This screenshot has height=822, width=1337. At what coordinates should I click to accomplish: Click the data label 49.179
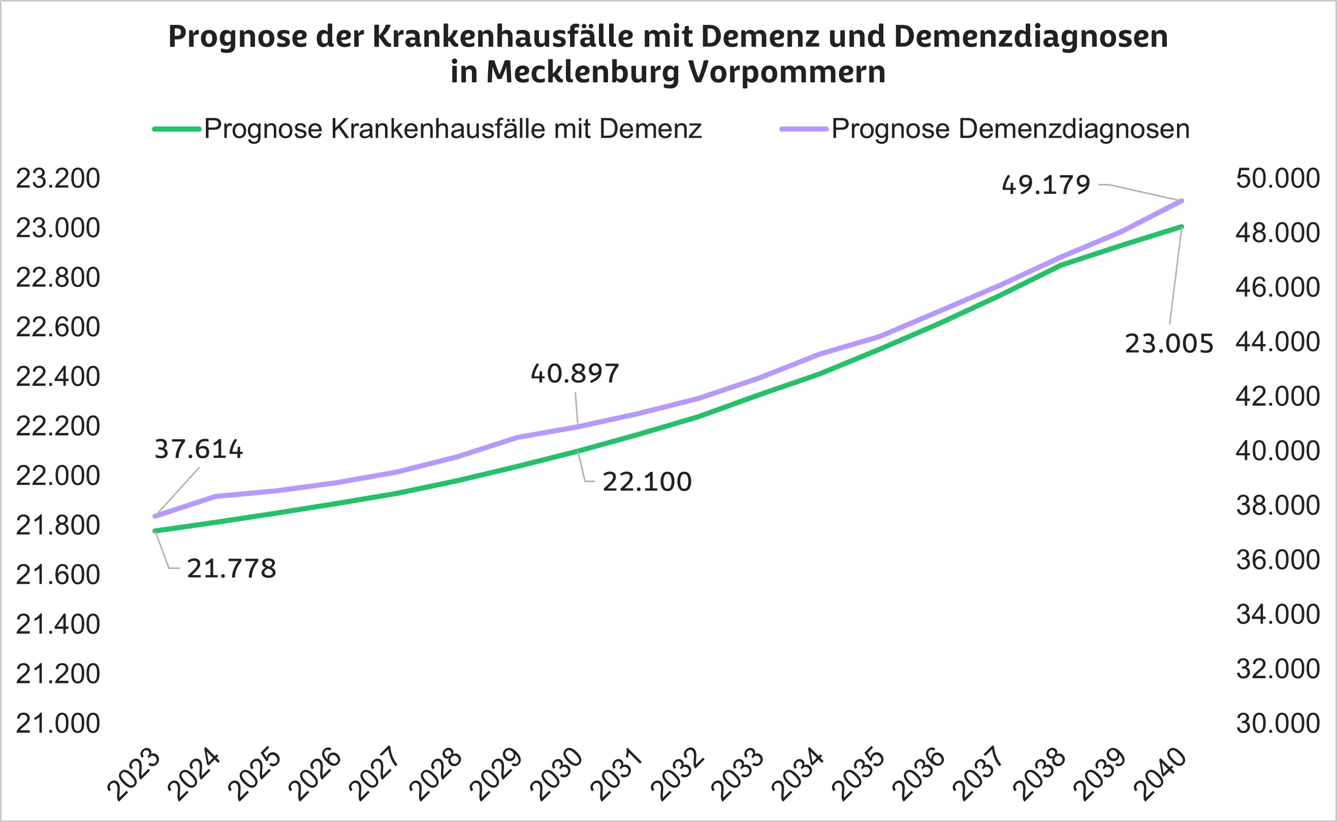tap(1046, 185)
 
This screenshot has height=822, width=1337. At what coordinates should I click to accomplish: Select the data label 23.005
tap(1168, 344)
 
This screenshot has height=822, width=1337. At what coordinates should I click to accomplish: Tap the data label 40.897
tap(575, 374)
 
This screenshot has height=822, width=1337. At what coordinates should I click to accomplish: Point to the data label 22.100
tap(647, 482)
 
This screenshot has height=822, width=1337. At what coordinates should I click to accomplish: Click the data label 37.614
tap(199, 450)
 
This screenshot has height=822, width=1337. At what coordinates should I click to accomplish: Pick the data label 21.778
tap(232, 569)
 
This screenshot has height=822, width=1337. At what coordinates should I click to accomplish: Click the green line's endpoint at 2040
tap(1182, 227)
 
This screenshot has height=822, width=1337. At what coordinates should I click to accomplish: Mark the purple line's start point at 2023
tap(155, 517)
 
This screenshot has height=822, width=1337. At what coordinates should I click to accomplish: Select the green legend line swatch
tap(177, 130)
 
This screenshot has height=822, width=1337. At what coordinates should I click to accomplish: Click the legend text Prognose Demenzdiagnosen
tap(1010, 130)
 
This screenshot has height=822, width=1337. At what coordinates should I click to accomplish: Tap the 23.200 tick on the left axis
tap(57, 179)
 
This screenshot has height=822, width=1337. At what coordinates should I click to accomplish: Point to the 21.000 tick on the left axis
tap(57, 723)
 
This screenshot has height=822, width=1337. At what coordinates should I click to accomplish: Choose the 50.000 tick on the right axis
tap(1278, 179)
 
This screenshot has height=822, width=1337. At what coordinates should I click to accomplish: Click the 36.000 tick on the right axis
tap(1278, 560)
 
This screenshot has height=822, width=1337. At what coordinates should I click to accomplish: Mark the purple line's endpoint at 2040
tap(1182, 201)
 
